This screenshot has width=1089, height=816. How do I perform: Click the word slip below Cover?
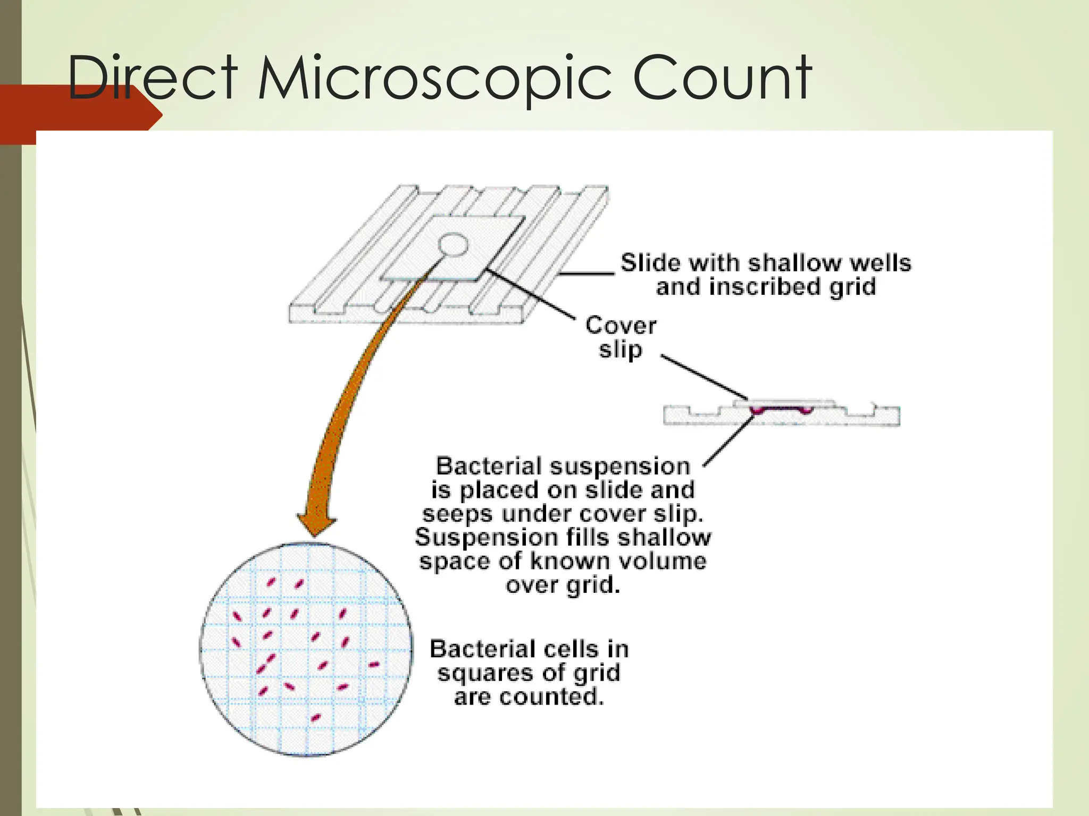point(620,350)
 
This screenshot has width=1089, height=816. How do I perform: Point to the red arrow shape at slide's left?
point(80,114)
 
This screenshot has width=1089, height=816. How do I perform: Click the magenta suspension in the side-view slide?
point(781,410)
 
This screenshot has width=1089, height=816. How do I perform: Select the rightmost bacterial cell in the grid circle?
point(374,664)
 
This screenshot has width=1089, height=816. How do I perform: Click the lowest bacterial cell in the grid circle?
point(315,718)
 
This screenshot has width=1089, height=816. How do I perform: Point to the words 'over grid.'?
point(563,585)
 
